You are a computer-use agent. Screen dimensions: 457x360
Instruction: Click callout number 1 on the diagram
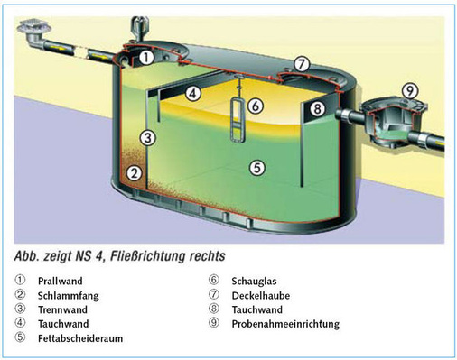[145, 57]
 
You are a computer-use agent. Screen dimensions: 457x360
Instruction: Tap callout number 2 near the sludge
[133, 172]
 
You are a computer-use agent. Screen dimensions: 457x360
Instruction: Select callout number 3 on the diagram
[148, 138]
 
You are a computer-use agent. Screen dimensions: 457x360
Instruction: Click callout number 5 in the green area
[256, 167]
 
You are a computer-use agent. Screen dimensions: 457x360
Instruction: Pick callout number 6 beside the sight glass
[256, 106]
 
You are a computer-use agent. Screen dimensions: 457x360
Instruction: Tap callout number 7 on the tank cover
[302, 64]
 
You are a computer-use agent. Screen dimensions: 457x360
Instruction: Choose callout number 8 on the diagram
[317, 109]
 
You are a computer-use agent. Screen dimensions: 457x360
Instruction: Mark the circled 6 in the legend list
[213, 281]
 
